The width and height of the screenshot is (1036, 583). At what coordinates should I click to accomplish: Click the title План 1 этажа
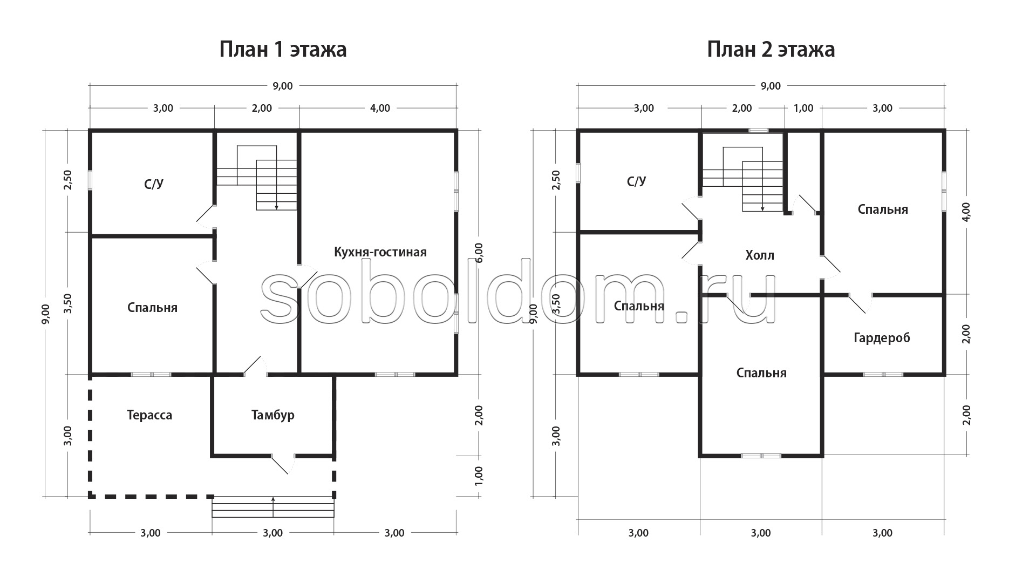[x=283, y=50]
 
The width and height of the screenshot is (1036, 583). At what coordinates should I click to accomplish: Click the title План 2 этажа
[x=771, y=50]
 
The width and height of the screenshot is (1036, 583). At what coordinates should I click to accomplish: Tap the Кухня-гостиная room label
[x=380, y=252]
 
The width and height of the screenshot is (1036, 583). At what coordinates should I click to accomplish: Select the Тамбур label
[x=273, y=415]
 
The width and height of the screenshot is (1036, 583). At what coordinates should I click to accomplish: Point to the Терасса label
[x=149, y=415]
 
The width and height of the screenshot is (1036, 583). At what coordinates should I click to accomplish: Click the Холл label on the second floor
[x=760, y=255]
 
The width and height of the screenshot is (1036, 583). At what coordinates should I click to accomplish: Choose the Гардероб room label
[x=882, y=338]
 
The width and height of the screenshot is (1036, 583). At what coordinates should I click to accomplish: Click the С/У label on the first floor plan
[x=154, y=184]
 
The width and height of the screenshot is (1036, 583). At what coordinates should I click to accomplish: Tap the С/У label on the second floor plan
[x=637, y=181]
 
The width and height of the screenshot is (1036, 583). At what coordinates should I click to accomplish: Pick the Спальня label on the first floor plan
[x=153, y=308]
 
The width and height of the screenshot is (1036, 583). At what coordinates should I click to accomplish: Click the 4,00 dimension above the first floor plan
[x=380, y=109]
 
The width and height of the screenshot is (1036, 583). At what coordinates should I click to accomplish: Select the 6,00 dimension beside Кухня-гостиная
[x=480, y=252]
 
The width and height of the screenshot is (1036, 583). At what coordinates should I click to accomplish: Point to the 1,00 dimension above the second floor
[x=803, y=109]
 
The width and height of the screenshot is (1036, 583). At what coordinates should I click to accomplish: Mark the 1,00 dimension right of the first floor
[x=480, y=476]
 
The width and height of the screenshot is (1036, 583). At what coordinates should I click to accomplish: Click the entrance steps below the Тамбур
[x=273, y=507]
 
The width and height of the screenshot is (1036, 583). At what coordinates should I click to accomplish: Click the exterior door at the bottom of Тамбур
[x=282, y=463]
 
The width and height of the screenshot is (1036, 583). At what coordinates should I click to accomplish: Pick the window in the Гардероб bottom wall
[x=883, y=374]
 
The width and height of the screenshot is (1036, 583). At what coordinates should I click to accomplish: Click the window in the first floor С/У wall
[x=90, y=180]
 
